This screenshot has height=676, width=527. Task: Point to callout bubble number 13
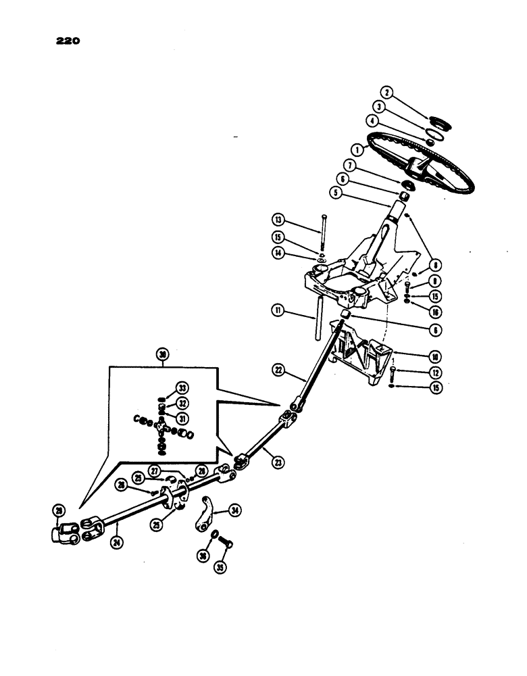pos(278,219)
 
